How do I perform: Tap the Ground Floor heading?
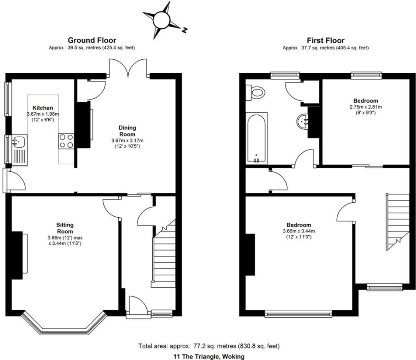click(x=92, y=41)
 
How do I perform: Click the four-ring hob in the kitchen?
click(x=66, y=140)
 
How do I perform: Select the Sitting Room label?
click(x=64, y=228)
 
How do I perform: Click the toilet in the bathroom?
click(x=257, y=93)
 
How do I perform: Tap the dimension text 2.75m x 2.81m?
click(x=365, y=107)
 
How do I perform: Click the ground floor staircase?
click(x=163, y=258)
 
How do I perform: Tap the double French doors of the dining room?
click(x=128, y=69)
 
